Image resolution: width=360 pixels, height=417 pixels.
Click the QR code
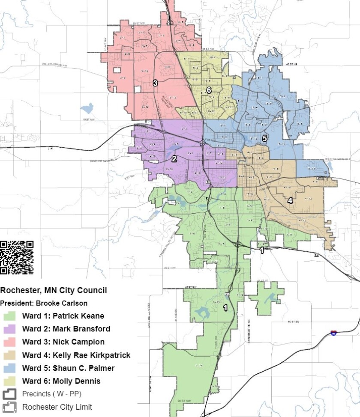[x=17, y=257]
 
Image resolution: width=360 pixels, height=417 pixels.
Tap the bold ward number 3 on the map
[x=155, y=83]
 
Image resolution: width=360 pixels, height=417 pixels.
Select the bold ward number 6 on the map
[x=209, y=90]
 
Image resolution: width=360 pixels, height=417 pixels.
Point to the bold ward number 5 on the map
[x=264, y=138]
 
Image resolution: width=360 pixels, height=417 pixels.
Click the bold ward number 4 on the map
[x=290, y=200]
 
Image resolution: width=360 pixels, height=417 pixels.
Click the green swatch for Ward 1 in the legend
[x=9, y=316]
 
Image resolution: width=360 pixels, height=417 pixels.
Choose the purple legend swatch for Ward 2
[x=9, y=329]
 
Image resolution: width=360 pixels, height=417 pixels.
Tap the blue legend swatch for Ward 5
[x=9, y=368]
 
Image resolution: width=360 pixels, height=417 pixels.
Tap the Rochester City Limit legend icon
[x=9, y=407]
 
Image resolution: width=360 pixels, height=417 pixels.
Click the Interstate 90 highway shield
[x=333, y=332]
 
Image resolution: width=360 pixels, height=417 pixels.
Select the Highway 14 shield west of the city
[x=51, y=149]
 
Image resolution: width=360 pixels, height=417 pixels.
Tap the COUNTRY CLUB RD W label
[x=103, y=161]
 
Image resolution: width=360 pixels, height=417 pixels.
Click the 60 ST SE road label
[x=292, y=321]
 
